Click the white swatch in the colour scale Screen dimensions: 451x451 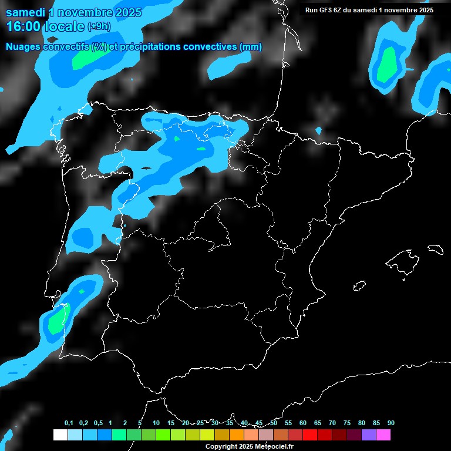tap(60, 435)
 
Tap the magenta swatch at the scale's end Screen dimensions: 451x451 tap(383, 435)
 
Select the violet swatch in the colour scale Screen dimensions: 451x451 tap(369, 435)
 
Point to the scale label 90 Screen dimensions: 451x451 tap(391, 423)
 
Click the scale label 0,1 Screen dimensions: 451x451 tap(68, 423)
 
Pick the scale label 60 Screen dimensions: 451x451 tap(303, 423)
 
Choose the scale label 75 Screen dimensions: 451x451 tap(347, 423)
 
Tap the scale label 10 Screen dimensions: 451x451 tap(156, 423)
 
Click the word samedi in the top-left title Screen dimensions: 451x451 tap(25, 12)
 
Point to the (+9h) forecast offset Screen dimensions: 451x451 tap(99, 27)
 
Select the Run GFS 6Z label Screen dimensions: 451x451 tap(329, 10)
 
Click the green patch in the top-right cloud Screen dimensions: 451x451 tap(386, 65)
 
